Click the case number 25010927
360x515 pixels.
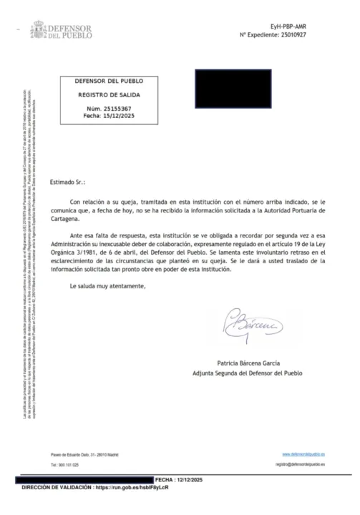tap(312, 34)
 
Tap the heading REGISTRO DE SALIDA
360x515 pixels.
tap(109, 94)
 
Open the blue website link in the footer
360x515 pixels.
tap(304, 454)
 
